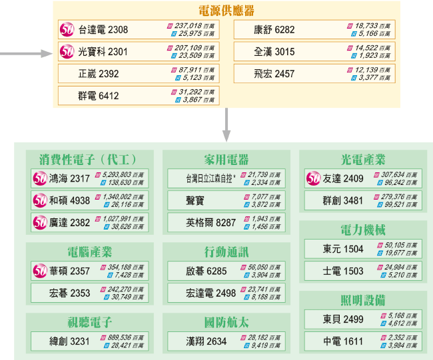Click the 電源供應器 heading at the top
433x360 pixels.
226,11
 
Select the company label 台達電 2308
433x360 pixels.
103,30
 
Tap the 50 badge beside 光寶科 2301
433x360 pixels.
67,51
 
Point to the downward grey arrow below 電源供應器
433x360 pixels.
226,124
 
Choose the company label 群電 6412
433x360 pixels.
99,96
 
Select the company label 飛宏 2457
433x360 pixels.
274,74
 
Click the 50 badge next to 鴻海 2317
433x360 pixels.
41,178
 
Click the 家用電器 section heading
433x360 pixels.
226,160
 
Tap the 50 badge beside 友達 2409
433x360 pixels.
314,178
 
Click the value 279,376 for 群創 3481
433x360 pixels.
395,196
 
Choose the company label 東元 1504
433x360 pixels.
343,249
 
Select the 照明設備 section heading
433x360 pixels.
362,299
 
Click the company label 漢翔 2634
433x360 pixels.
207,341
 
